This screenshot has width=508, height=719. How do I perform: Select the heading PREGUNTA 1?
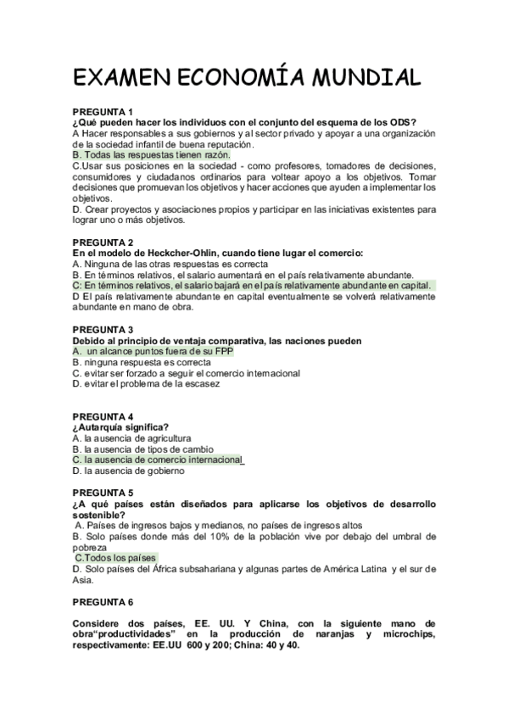103,112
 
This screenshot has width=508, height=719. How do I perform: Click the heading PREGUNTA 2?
103,242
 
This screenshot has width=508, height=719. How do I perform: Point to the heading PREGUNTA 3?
103,329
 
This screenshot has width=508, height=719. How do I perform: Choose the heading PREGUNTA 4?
103,416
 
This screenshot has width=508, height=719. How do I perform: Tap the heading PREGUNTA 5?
103,493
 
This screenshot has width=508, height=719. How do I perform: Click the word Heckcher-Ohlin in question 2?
176,253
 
